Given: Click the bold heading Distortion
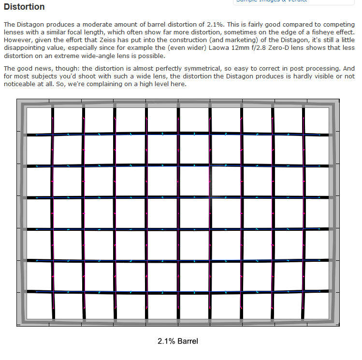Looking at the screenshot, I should [24, 7].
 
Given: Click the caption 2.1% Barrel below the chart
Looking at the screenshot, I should [178, 341].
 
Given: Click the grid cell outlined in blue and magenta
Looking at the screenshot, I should [225, 181].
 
